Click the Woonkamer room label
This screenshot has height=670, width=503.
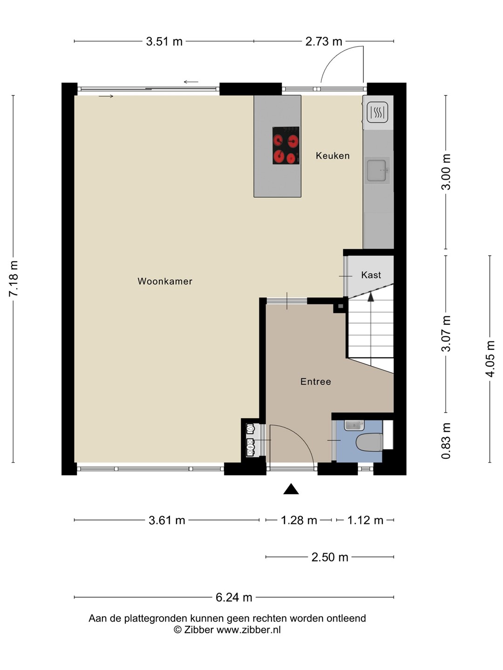165,281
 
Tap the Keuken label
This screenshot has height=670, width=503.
333,156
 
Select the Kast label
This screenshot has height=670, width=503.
371,275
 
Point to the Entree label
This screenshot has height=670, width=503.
316,382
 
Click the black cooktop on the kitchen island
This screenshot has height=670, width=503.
286,146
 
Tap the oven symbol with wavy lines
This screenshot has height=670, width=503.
377,112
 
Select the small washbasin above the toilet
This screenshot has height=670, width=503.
354,425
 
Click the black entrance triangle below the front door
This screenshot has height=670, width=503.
291,489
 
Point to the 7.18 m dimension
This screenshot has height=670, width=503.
14,278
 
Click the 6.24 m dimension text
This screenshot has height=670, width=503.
234,597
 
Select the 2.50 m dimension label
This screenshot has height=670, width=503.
330,557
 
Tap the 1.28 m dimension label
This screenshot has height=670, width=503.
299,520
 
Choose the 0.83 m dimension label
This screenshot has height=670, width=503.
446,441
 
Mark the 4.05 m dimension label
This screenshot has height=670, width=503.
490,359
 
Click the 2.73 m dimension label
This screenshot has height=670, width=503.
324,41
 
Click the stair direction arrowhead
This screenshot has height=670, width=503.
371,297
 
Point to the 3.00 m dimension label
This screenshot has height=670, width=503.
446,172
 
